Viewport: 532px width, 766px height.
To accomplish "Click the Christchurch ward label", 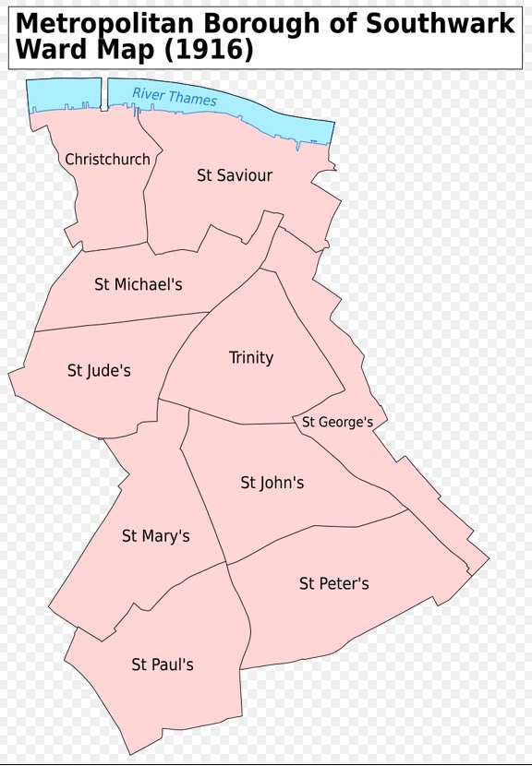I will [x=107, y=160].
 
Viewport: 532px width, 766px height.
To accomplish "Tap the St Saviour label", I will [x=235, y=175].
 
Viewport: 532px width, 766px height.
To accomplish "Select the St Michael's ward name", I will [x=139, y=284].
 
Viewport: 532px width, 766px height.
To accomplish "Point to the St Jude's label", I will [x=99, y=371].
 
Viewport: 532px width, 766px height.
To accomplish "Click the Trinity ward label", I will [x=251, y=357].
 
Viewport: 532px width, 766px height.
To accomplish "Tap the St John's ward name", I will [x=272, y=483].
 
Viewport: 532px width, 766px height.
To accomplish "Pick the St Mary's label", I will [x=155, y=536].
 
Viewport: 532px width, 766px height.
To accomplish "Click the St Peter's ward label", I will [x=333, y=583].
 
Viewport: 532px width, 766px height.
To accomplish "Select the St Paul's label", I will [x=163, y=664].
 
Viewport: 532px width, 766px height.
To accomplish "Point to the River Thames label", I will [x=175, y=96].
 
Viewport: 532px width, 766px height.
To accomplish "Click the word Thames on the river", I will [x=192, y=99].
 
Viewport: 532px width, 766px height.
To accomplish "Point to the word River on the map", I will [x=148, y=93].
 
